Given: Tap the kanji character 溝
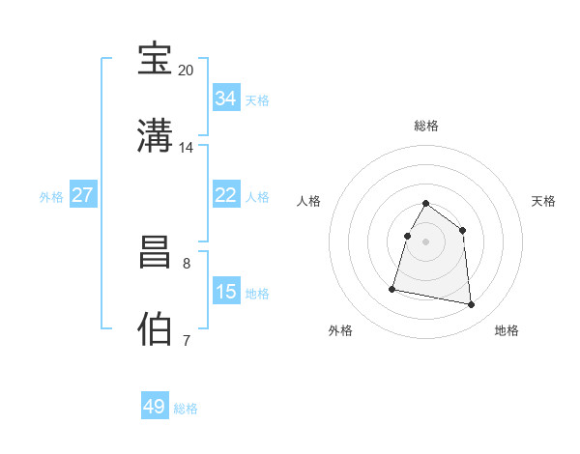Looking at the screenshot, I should pos(156,135).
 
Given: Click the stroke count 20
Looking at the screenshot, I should pos(186,71).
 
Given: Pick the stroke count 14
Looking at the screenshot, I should pos(186,148).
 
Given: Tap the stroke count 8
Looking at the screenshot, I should pos(186,263).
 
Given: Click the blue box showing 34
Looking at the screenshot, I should pos(225,99).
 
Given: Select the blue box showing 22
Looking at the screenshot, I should pos(225,195).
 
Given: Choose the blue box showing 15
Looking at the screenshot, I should pos(225,291).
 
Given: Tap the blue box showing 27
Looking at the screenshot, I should pos(82,195).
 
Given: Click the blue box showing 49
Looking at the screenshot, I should pos(155,407).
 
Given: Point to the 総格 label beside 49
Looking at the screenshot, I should pos(186,409).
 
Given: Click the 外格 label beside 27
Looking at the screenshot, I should pos(51,197).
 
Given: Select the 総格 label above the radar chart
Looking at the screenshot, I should pos(426,126).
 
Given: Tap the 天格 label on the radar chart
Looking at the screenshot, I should pos(544,201).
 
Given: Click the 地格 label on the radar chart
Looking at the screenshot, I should pos(507,331).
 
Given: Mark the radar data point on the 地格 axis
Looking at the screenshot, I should pos(472,305).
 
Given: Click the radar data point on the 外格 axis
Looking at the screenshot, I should pos(392,288).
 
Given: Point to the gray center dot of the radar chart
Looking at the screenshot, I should pos(426,241).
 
